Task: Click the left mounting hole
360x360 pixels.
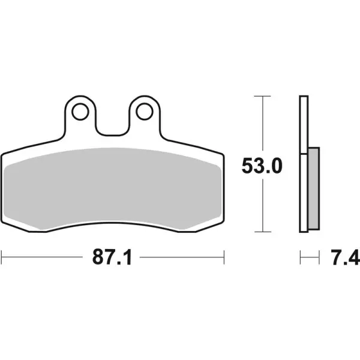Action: click(x=80, y=112)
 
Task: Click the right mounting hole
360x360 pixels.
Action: click(x=145, y=112)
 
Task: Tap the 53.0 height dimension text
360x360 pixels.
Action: click(x=262, y=166)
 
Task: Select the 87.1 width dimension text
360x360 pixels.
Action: click(x=112, y=257)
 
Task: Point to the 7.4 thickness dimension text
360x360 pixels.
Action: click(x=345, y=257)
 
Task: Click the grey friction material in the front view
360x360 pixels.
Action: click(x=113, y=188)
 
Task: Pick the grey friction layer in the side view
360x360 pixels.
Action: click(x=314, y=188)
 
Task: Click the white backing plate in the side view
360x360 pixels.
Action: click(x=304, y=164)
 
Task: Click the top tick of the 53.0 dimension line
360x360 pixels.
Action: click(x=263, y=96)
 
